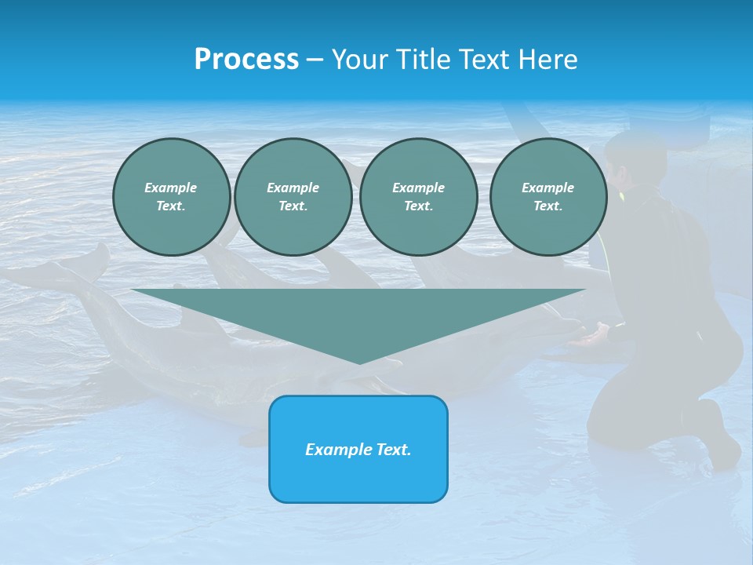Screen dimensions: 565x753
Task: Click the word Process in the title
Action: pos(246,60)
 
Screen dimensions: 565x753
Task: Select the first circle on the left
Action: pos(171,197)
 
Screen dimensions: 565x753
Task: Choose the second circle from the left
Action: pos(293,197)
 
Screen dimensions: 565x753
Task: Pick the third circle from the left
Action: pos(418,197)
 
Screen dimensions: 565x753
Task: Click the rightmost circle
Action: pos(547,197)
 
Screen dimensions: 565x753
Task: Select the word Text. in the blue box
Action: pos(393,450)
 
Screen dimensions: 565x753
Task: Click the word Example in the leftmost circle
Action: pos(171,188)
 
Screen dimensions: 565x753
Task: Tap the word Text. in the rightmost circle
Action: pos(547,206)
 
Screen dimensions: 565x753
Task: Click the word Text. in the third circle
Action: pos(418,206)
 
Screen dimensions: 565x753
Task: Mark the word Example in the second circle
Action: pos(293,188)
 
